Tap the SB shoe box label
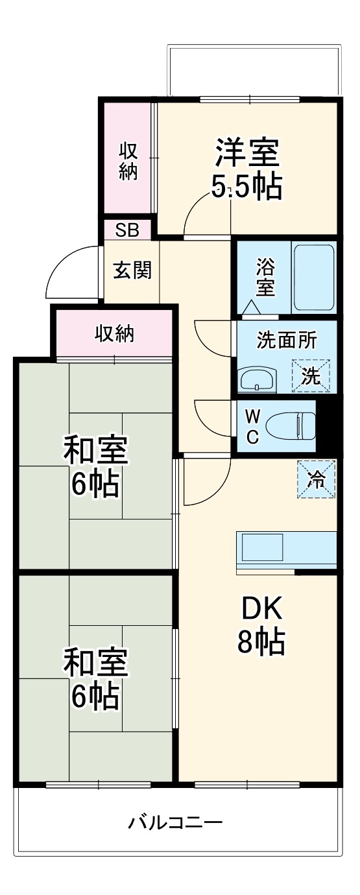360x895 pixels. (127, 229)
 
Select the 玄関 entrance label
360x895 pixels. (132, 270)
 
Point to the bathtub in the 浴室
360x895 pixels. (314, 278)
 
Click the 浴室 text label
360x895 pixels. (265, 277)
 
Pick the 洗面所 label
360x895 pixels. (287, 340)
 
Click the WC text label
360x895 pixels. (252, 425)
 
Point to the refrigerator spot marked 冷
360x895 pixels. (317, 479)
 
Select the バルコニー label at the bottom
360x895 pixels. (175, 824)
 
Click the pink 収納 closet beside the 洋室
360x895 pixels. (128, 161)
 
